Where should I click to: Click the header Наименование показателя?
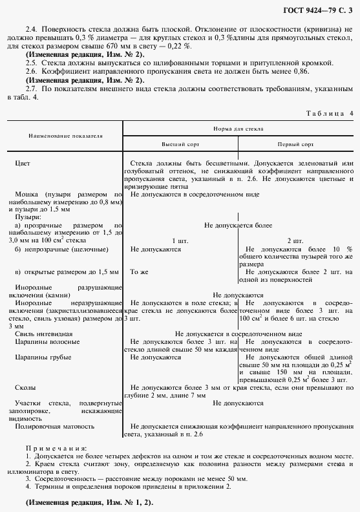[x=65, y=136]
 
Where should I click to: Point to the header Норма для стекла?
[x=237, y=129]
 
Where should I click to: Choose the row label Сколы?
[x=25, y=387]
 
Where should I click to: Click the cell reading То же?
[x=139, y=272]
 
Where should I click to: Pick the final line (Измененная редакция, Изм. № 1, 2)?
[x=81, y=502]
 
